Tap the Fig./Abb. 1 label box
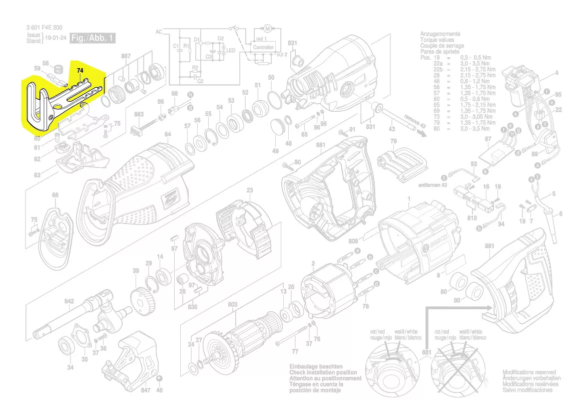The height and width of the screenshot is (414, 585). [93, 38]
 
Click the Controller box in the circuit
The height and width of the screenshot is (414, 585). [263, 47]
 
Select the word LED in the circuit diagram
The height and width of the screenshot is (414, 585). [231, 51]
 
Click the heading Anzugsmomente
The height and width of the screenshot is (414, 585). [440, 34]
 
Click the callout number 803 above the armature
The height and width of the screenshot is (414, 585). [233, 304]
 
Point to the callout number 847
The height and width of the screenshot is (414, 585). [146, 389]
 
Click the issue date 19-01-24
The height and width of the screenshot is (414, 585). [56, 38]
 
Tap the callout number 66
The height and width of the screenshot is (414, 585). [55, 195]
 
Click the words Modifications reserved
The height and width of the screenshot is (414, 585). [529, 372]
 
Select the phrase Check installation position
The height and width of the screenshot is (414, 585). [323, 373]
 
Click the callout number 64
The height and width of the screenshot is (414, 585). [168, 134]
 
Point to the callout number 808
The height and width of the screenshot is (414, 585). [354, 241]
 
